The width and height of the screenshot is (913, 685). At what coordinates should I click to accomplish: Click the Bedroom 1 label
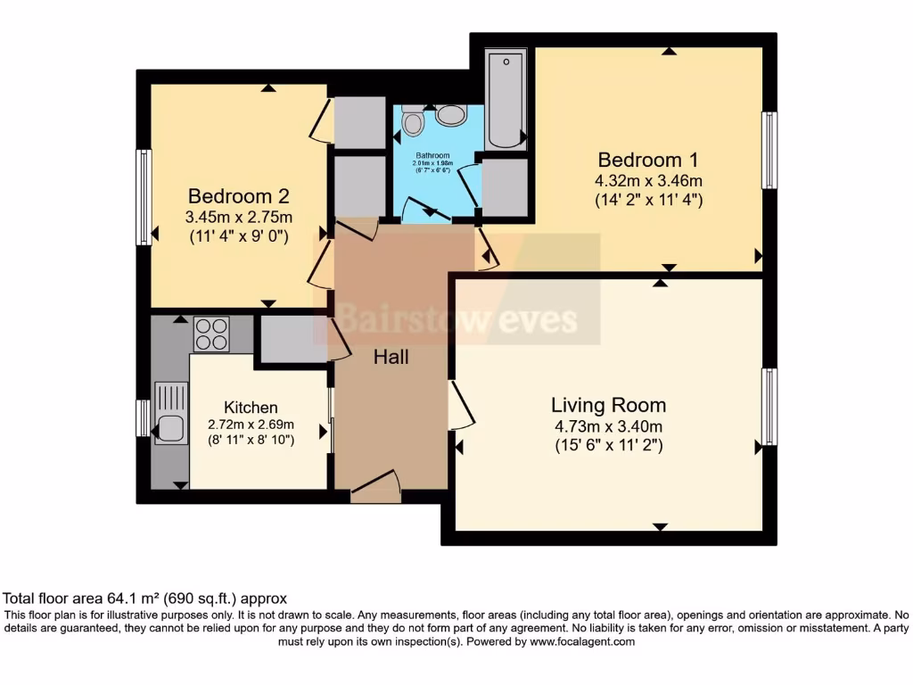point(648,161)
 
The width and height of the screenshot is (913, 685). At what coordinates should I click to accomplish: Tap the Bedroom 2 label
point(238,196)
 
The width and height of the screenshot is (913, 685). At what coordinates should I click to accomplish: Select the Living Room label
point(608,406)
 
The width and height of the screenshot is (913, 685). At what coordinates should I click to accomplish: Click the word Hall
point(391,358)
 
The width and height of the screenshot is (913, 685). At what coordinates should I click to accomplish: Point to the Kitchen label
point(251,408)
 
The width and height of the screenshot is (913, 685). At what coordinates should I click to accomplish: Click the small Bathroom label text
point(433,155)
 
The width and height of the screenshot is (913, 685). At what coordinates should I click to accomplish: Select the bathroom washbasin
point(451,115)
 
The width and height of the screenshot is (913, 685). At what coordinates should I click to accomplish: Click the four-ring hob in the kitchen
point(211,334)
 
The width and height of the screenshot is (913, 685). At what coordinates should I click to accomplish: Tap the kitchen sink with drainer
point(171,413)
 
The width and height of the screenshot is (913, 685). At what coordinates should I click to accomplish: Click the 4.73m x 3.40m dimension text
point(608,427)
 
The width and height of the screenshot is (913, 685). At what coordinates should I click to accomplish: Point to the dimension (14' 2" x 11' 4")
point(648,200)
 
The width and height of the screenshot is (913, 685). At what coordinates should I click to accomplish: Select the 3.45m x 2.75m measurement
point(238,217)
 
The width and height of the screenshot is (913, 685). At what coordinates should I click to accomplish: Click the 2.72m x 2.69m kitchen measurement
point(251,424)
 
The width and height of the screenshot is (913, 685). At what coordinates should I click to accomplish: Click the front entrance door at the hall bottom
point(375,487)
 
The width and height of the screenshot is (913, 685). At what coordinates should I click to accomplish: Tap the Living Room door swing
point(461,406)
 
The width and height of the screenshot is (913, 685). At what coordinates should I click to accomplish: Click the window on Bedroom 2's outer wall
point(143,197)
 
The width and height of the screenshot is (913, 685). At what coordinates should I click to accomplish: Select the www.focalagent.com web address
point(581,641)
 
